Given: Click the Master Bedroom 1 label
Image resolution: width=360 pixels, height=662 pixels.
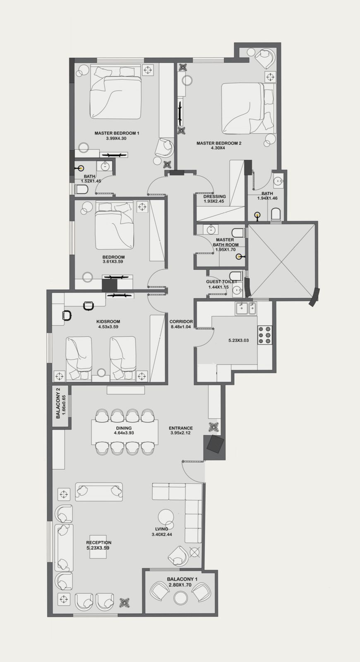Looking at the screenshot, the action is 117,133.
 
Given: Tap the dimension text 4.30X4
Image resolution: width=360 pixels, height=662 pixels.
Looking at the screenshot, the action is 218,148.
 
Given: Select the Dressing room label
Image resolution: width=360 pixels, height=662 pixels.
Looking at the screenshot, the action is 215,197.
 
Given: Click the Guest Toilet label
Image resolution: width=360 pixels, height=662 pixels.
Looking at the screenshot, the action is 222,282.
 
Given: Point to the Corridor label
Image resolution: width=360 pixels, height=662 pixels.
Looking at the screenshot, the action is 181,321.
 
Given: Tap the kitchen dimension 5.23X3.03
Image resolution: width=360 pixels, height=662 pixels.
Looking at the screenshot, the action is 238,340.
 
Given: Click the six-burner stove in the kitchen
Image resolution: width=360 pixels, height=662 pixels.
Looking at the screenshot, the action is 265,335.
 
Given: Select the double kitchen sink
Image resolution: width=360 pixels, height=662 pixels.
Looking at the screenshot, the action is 246,309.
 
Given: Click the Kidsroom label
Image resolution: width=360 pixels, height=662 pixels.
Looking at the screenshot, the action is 108,321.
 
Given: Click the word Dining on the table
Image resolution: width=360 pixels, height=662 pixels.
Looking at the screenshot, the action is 124,428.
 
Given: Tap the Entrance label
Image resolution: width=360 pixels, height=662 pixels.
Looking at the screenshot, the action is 180,428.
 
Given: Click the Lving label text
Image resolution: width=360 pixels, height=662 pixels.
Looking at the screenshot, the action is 161,529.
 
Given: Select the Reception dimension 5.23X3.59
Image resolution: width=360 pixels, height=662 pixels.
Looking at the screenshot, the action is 99,548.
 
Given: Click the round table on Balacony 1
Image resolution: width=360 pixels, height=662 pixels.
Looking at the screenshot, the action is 180,598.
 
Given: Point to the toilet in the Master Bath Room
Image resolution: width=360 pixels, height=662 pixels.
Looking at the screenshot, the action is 238,233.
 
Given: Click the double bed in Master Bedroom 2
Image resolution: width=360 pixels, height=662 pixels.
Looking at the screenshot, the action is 242,108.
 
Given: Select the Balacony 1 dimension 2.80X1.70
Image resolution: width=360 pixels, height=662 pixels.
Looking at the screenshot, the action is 180,585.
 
